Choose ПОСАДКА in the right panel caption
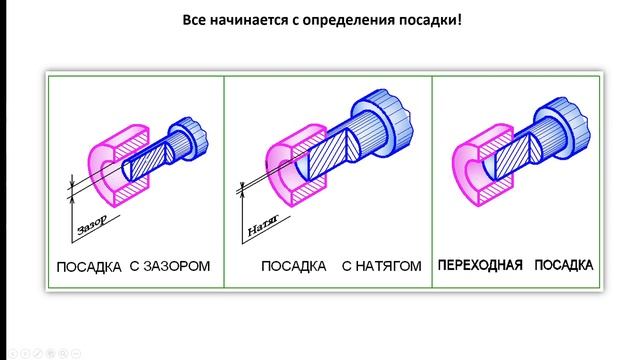563,266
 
